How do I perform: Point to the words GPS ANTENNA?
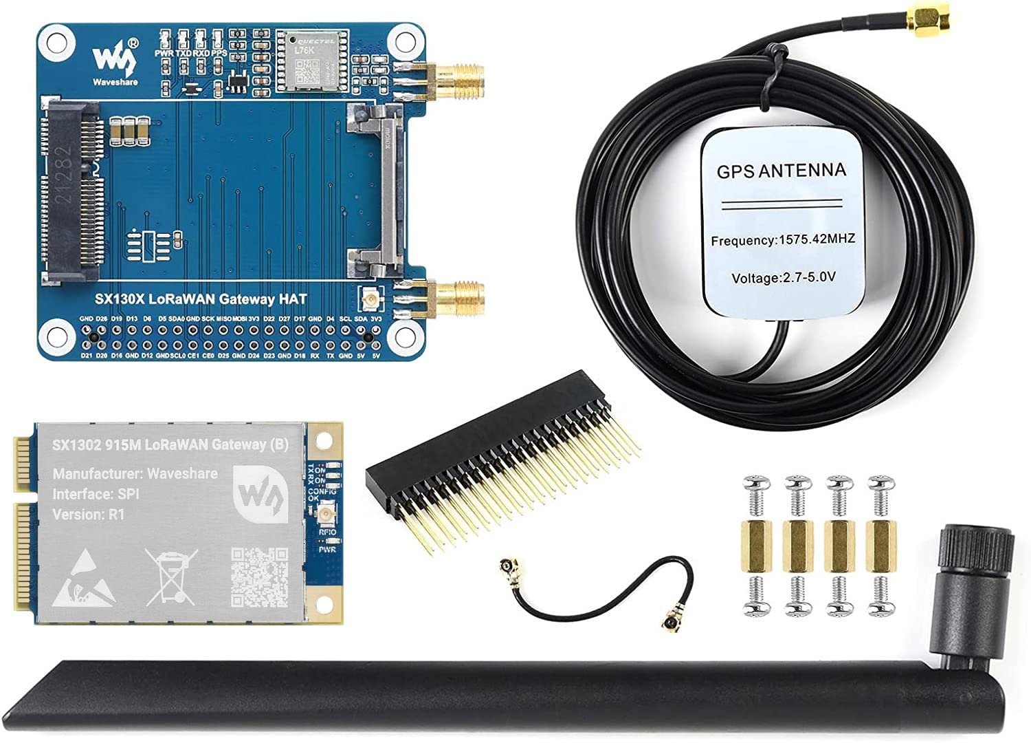(x=781, y=171)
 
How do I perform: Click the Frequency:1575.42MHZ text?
(x=783, y=240)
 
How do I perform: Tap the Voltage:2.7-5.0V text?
(x=783, y=278)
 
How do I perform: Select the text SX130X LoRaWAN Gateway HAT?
(x=201, y=299)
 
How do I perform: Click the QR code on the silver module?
(x=259, y=577)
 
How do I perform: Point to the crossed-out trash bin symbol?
(x=172, y=577)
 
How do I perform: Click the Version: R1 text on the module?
(x=89, y=514)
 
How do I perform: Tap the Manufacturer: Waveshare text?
(x=135, y=473)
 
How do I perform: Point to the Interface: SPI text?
(x=96, y=494)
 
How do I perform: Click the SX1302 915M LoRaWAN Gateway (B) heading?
(x=170, y=444)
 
